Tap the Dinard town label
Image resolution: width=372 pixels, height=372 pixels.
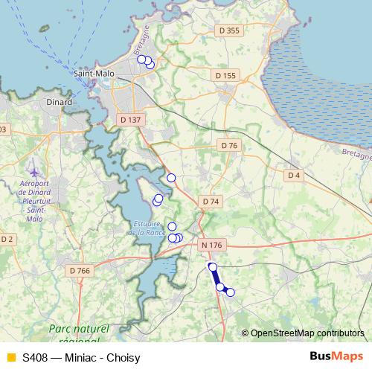click(58, 102)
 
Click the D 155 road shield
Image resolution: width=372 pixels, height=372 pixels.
click(225, 75)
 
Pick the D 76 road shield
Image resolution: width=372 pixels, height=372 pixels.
click(229, 146)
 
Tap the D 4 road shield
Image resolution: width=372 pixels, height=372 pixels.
click(294, 175)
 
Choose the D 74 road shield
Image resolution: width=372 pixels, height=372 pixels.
click(211, 202)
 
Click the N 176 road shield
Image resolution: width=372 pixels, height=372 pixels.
click(211, 245)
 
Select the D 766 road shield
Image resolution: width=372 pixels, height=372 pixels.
click(79, 271)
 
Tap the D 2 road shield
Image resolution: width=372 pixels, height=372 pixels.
click(7, 239)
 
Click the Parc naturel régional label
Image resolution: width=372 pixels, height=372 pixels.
click(78, 333)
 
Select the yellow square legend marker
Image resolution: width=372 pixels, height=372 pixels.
click(10, 357)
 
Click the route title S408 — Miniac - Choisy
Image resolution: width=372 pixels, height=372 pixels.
click(81, 357)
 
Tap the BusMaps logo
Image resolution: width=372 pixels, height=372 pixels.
click(336, 356)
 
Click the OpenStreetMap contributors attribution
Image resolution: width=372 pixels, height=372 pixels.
click(307, 333)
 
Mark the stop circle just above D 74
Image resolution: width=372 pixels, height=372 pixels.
click(171, 178)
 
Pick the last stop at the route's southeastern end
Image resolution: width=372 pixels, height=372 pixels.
click(230, 292)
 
